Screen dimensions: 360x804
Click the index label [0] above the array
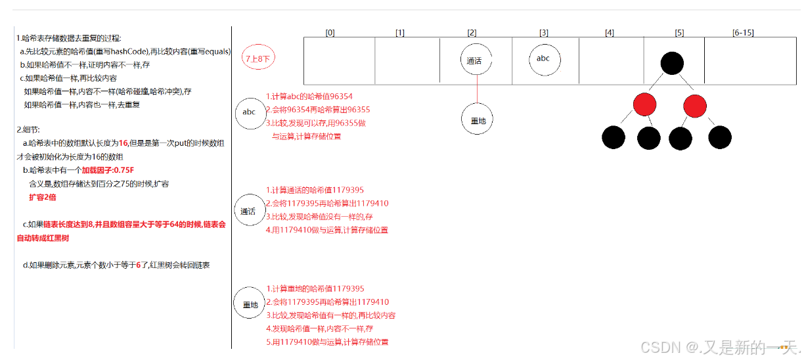pyautogui.click(x=330, y=33)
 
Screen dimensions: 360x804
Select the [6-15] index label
pyautogui.click(x=743, y=33)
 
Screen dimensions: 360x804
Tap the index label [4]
pyautogui.click(x=610, y=33)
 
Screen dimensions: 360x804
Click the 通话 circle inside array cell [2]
pyautogui.click(x=476, y=60)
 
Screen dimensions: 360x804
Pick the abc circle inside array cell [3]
pyautogui.click(x=544, y=58)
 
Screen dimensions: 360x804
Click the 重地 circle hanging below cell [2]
pyautogui.click(x=477, y=120)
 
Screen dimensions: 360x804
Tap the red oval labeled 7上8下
pyautogui.click(x=258, y=58)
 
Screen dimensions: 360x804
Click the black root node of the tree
pyautogui.click(x=671, y=63)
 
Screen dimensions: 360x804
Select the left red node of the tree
pyautogui.click(x=644, y=105)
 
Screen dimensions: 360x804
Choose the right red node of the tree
pyautogui.click(x=694, y=105)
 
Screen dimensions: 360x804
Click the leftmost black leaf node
pyautogui.click(x=613, y=137)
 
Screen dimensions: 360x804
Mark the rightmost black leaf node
pyautogui.click(x=720, y=137)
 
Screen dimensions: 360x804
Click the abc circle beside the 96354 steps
pyautogui.click(x=250, y=112)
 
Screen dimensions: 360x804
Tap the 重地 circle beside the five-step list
pyautogui.click(x=250, y=305)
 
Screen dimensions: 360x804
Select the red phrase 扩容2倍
pyautogui.click(x=43, y=197)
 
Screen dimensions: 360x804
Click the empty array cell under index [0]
pyautogui.click(x=339, y=60)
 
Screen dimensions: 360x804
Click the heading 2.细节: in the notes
pyautogui.click(x=29, y=129)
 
